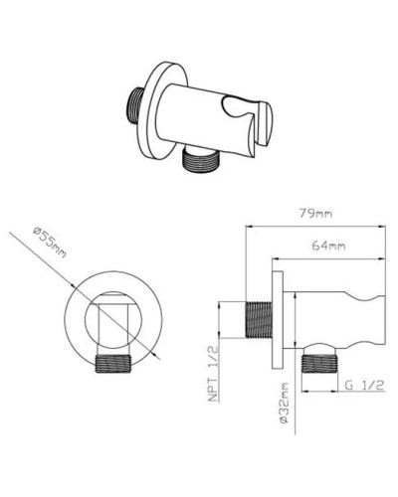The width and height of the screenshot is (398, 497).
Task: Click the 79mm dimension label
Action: click(x=317, y=211)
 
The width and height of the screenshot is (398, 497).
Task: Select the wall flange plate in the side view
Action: click(x=281, y=317)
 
